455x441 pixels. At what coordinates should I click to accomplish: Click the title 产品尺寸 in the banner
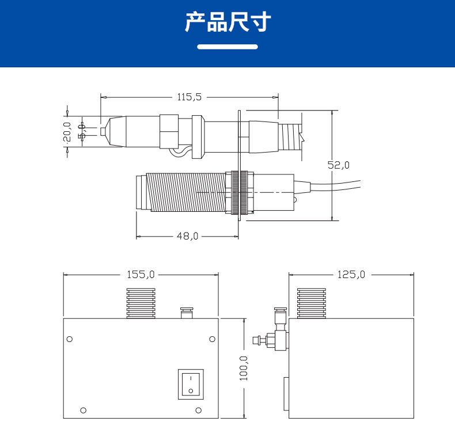(x=227, y=22)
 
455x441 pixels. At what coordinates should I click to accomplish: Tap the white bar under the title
(x=227, y=47)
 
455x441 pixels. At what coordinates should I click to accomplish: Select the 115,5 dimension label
(x=189, y=97)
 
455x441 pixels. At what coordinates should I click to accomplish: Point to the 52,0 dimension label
(x=339, y=165)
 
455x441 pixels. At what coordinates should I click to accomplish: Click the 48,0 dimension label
(x=187, y=236)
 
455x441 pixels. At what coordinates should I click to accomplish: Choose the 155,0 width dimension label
(x=141, y=275)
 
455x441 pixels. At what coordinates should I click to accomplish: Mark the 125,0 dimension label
(x=351, y=275)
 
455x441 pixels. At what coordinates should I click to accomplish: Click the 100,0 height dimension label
(x=243, y=368)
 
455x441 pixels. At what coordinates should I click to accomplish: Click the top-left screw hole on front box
(x=70, y=339)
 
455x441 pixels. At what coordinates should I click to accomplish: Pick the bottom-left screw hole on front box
(x=84, y=410)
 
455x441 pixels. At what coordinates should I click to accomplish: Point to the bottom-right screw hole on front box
(x=198, y=410)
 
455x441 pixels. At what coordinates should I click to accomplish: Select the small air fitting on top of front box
(x=187, y=313)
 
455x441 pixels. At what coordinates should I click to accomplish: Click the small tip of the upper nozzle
(x=103, y=132)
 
